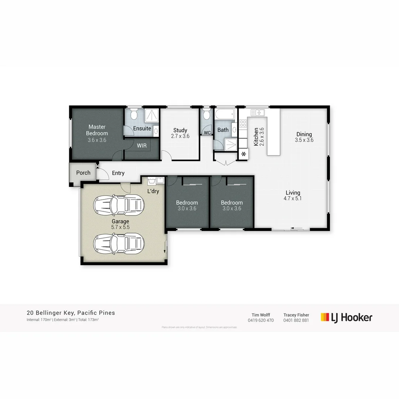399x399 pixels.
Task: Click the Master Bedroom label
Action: [x=97, y=130]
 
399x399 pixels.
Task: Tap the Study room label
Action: [x=180, y=130]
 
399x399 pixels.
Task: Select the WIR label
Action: [x=142, y=146]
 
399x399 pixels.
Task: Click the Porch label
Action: [x=83, y=173]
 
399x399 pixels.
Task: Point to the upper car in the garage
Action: [x=119, y=204]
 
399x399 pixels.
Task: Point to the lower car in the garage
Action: [x=119, y=243]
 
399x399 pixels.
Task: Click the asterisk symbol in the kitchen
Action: [x=244, y=154]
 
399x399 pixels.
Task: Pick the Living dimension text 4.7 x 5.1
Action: [x=293, y=198]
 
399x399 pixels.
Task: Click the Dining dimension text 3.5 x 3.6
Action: [x=304, y=140]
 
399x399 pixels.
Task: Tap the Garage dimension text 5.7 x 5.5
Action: [x=120, y=227]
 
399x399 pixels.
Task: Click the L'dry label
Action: [x=153, y=191]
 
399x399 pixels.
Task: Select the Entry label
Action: [x=118, y=173]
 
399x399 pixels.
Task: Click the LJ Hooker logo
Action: [x=346, y=317]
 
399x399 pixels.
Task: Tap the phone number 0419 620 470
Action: [x=261, y=320]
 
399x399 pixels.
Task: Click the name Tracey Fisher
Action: [x=296, y=315]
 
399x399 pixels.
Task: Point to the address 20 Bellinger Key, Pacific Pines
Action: [x=71, y=313]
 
